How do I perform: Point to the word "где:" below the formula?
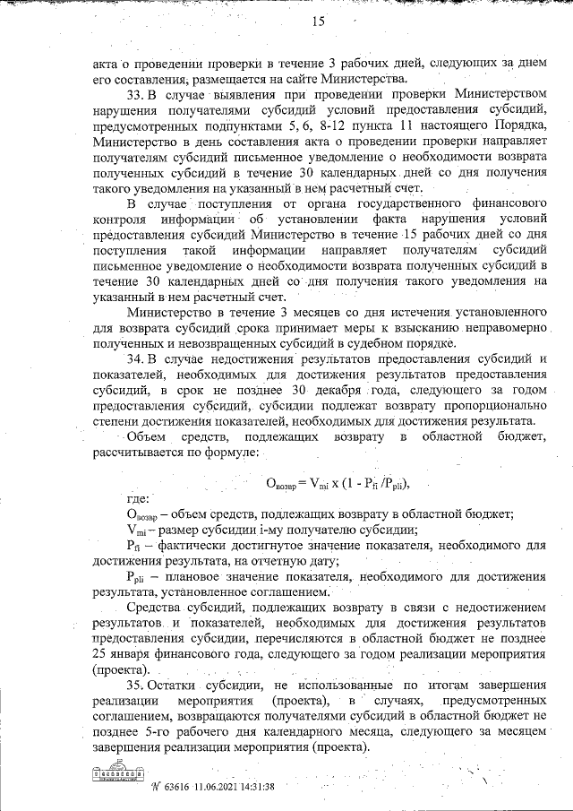[138, 498]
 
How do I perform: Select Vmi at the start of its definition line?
[135, 529]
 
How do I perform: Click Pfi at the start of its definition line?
[133, 545]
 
